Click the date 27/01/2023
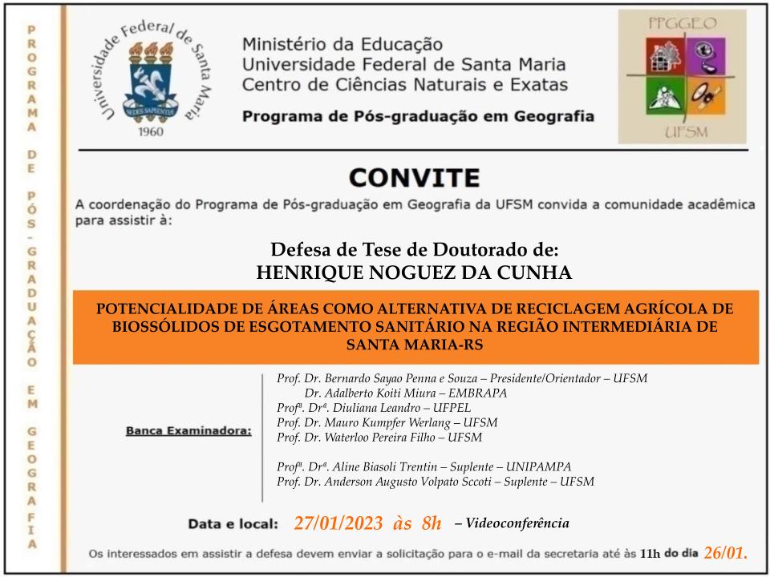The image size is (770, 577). point(338,524)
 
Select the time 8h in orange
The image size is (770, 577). point(431,524)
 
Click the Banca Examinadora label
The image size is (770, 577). point(188,432)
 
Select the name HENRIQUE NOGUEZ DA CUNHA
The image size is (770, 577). point(414,272)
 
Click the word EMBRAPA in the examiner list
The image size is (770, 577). point(479,393)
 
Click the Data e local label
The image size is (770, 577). point(233,525)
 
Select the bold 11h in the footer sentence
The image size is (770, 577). point(650,554)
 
